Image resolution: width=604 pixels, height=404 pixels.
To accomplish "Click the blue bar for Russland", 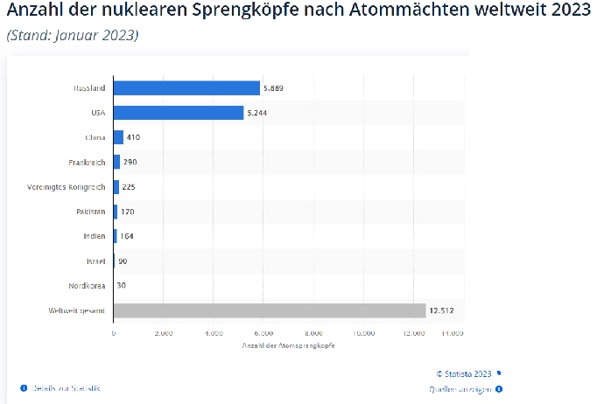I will [186, 88].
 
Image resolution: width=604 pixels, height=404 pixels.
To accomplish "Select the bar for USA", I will [178, 113].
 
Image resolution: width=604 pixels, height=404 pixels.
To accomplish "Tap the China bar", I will [118, 137].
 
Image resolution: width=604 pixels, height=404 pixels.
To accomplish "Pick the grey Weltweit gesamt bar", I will [269, 310].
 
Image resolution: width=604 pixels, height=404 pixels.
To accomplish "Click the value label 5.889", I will [274, 88].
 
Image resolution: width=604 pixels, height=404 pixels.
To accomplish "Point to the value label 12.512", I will [441, 310].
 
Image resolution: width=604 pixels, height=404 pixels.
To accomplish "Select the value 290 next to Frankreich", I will [130, 163].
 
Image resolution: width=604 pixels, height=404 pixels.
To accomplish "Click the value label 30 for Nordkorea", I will [122, 286].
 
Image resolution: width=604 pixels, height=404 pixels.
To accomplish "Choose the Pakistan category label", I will [90, 212].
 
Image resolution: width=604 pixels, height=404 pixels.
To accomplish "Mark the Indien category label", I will [94, 236].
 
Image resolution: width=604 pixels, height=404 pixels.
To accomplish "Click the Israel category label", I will [95, 261].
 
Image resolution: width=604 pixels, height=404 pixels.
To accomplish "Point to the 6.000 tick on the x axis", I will [263, 333].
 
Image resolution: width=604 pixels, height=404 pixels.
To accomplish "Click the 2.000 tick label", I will [164, 333].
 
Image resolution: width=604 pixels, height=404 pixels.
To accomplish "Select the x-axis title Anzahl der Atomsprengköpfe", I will [289, 346].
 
